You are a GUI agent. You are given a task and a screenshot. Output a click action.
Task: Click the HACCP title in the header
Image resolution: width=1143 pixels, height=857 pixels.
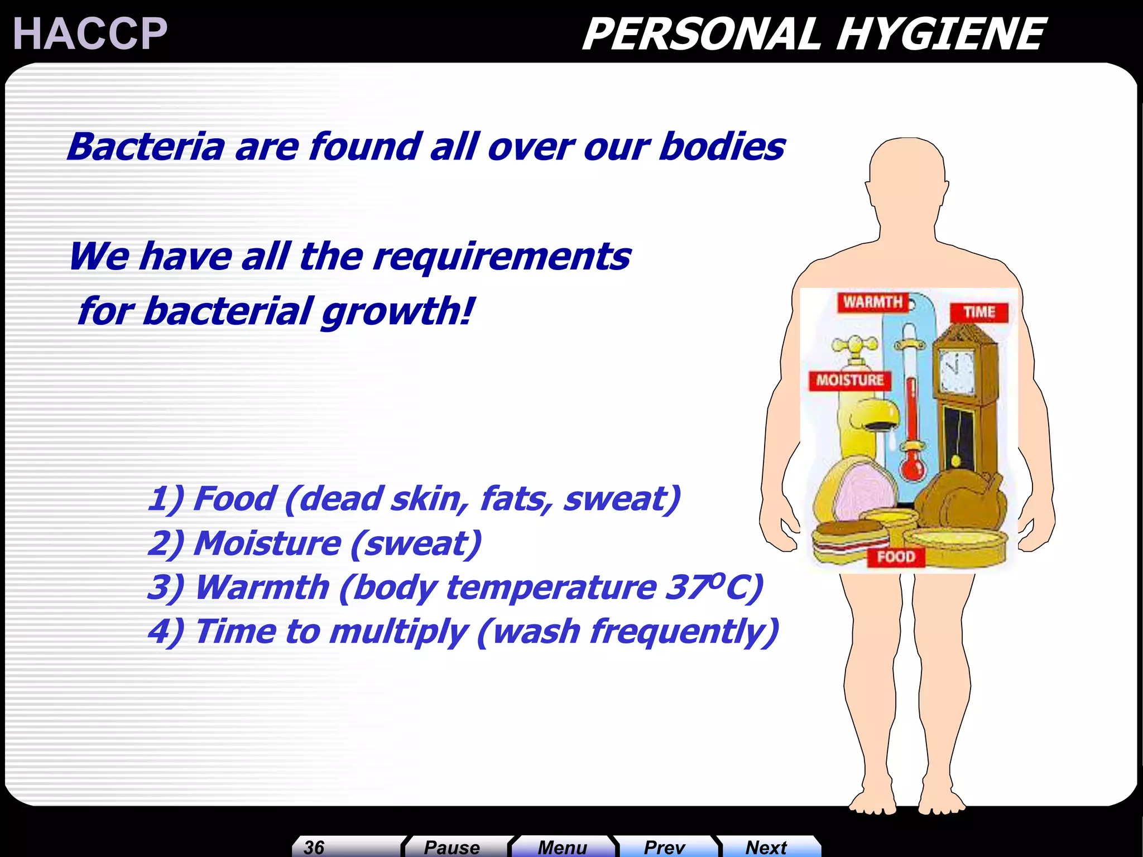90,34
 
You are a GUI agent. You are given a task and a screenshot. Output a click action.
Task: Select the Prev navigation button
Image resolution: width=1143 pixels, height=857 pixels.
664,847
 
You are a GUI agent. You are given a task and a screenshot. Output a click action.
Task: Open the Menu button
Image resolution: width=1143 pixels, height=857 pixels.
562,847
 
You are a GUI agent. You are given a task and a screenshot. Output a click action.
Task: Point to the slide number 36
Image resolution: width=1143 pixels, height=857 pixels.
314,847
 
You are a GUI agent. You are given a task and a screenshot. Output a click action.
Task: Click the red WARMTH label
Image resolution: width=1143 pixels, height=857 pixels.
872,302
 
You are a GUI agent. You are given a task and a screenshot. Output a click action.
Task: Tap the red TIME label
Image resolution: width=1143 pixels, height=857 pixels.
979,312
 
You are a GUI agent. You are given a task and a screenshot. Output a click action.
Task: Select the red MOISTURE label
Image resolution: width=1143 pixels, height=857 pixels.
849,381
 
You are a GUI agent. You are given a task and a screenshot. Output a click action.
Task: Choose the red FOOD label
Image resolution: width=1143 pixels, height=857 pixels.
896,557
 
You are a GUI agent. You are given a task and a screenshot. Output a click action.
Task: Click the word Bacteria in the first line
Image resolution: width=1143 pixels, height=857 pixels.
146,147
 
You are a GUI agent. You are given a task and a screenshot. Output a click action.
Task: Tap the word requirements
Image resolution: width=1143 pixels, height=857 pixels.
502,257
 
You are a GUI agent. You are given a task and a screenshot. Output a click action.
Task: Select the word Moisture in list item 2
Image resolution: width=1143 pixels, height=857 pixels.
267,543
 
